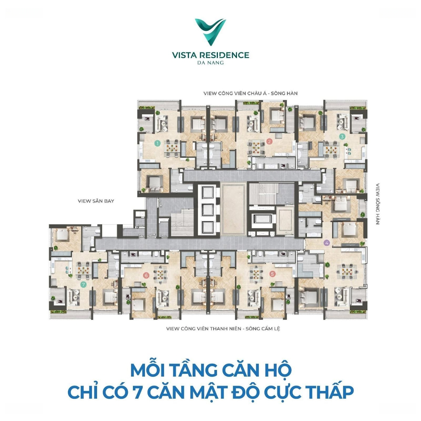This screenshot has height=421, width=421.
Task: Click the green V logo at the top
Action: [210, 32]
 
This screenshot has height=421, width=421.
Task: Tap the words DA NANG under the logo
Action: [210, 63]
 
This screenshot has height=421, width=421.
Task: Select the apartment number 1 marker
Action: [157, 143]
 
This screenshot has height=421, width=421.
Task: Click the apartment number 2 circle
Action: [269, 142]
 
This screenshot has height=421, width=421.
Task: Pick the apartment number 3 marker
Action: [342, 136]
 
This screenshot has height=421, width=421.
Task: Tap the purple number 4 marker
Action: [327, 243]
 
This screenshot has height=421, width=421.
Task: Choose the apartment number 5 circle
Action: [272, 274]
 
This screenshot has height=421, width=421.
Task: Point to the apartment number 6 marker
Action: [146, 275]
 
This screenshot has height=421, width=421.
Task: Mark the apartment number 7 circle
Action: [84, 284]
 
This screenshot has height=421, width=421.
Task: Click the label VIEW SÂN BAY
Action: [96, 201]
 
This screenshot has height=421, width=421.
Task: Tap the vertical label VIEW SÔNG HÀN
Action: [377, 204]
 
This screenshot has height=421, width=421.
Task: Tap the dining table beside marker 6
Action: [161, 275]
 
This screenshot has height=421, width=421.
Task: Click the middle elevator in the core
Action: [207, 210]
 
